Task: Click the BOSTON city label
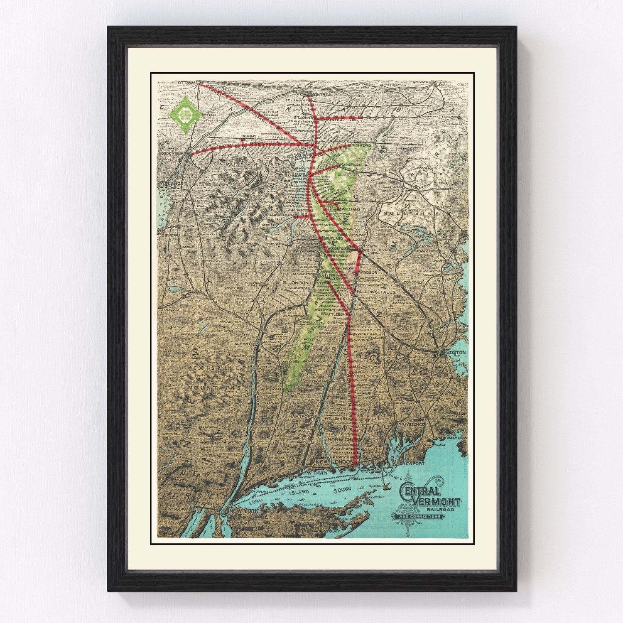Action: pos(456,353)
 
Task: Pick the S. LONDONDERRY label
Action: pos(303,282)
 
